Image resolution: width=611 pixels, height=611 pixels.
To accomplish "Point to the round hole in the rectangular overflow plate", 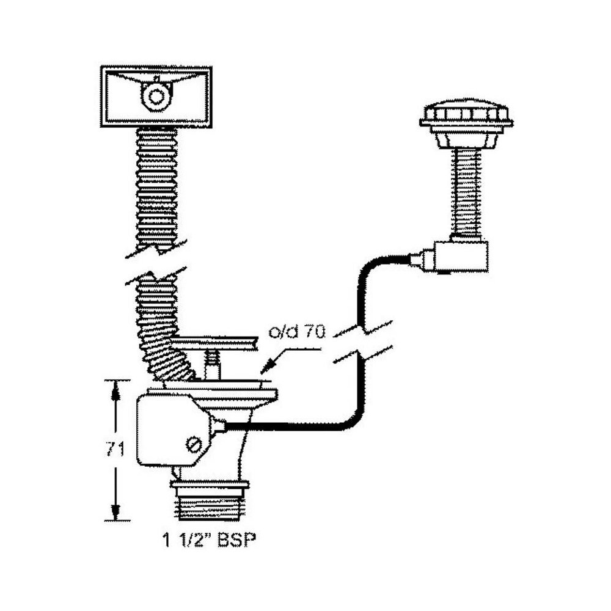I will (x=157, y=96).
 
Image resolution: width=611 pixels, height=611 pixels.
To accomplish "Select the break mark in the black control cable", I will (x=362, y=342).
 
